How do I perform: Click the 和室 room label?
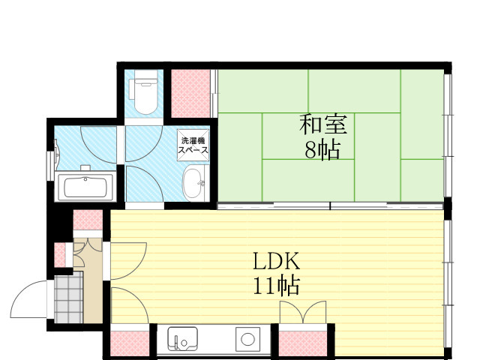coord(323,124)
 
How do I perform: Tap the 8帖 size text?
coord(322,150)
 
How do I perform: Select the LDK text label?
coord(276,261)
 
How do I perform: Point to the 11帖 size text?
coord(276,286)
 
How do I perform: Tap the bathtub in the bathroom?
coord(85,187)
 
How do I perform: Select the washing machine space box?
coord(193,145)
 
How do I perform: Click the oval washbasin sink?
coord(193,183)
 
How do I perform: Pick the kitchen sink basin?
coord(182,339)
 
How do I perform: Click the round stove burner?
coord(247,339)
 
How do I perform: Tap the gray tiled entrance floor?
coord(68,297)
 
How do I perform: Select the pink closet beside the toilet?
coord(190,93)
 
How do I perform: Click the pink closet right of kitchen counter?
coord(303,343)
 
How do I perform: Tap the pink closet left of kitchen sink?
coord(130,343)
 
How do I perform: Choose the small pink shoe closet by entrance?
coord(60,255)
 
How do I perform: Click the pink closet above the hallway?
coord(88,220)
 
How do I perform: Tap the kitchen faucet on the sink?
coord(177,342)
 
